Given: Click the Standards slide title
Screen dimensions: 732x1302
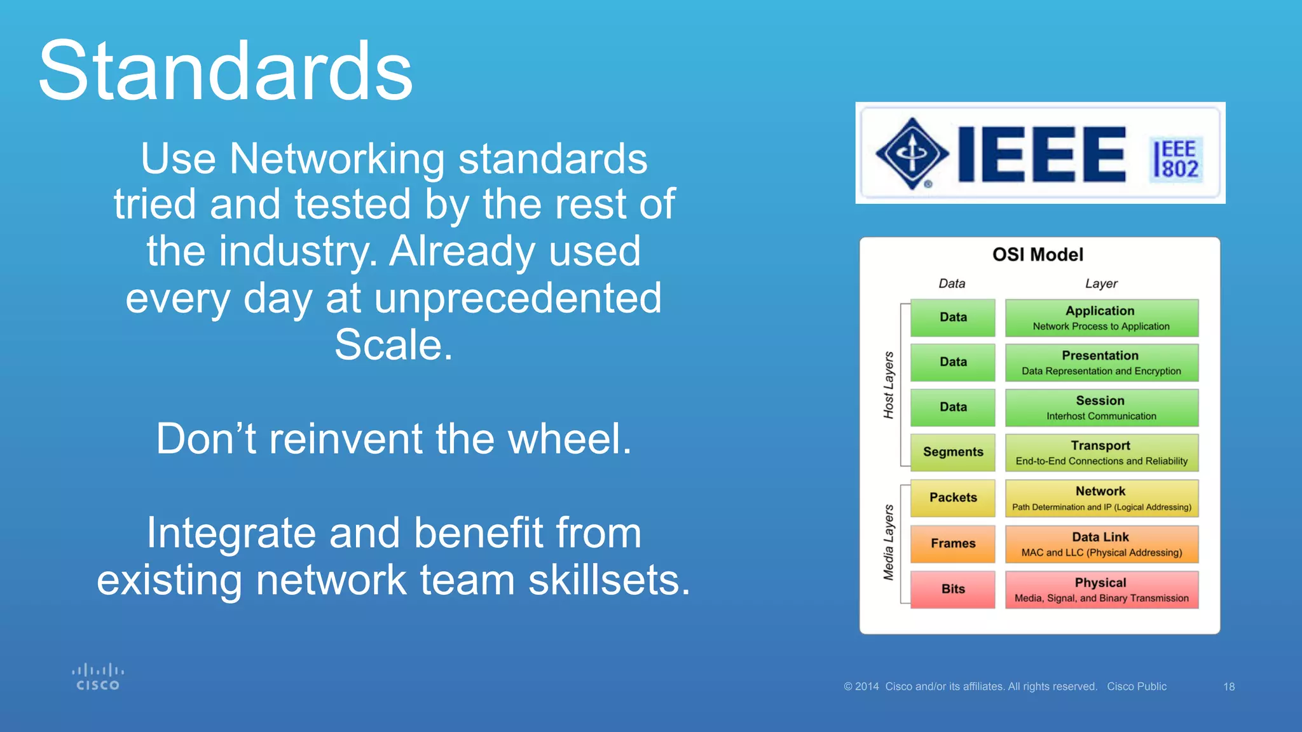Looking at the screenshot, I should (226, 71).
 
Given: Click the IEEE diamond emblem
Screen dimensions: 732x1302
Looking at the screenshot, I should (912, 153).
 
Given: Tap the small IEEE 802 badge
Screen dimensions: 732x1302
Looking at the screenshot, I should (1177, 159).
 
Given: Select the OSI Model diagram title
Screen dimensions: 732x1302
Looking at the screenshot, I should (1038, 255).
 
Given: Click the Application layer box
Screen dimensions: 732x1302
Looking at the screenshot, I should (1101, 318).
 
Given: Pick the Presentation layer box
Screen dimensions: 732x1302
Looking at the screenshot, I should (1101, 363).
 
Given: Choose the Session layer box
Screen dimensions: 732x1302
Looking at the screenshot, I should (1101, 408).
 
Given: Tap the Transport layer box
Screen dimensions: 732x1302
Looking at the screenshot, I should (1101, 452).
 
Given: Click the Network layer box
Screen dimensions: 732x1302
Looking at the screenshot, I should (1101, 498).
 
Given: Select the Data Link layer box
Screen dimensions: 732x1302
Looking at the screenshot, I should (1101, 544).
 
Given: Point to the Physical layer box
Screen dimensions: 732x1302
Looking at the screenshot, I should (1101, 590).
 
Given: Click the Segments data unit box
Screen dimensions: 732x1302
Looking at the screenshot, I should (952, 452).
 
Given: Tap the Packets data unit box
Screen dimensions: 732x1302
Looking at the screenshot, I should (952, 498).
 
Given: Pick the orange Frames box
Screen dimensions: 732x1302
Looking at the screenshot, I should (952, 544).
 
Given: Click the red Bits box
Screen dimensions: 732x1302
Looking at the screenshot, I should (952, 590).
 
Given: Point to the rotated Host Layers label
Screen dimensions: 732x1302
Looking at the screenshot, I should (889, 385).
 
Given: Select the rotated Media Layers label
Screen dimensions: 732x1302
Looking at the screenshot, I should (889, 543).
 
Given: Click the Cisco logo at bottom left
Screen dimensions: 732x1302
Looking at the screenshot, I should (97, 677).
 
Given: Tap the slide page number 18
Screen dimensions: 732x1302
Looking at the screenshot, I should (1228, 687).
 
